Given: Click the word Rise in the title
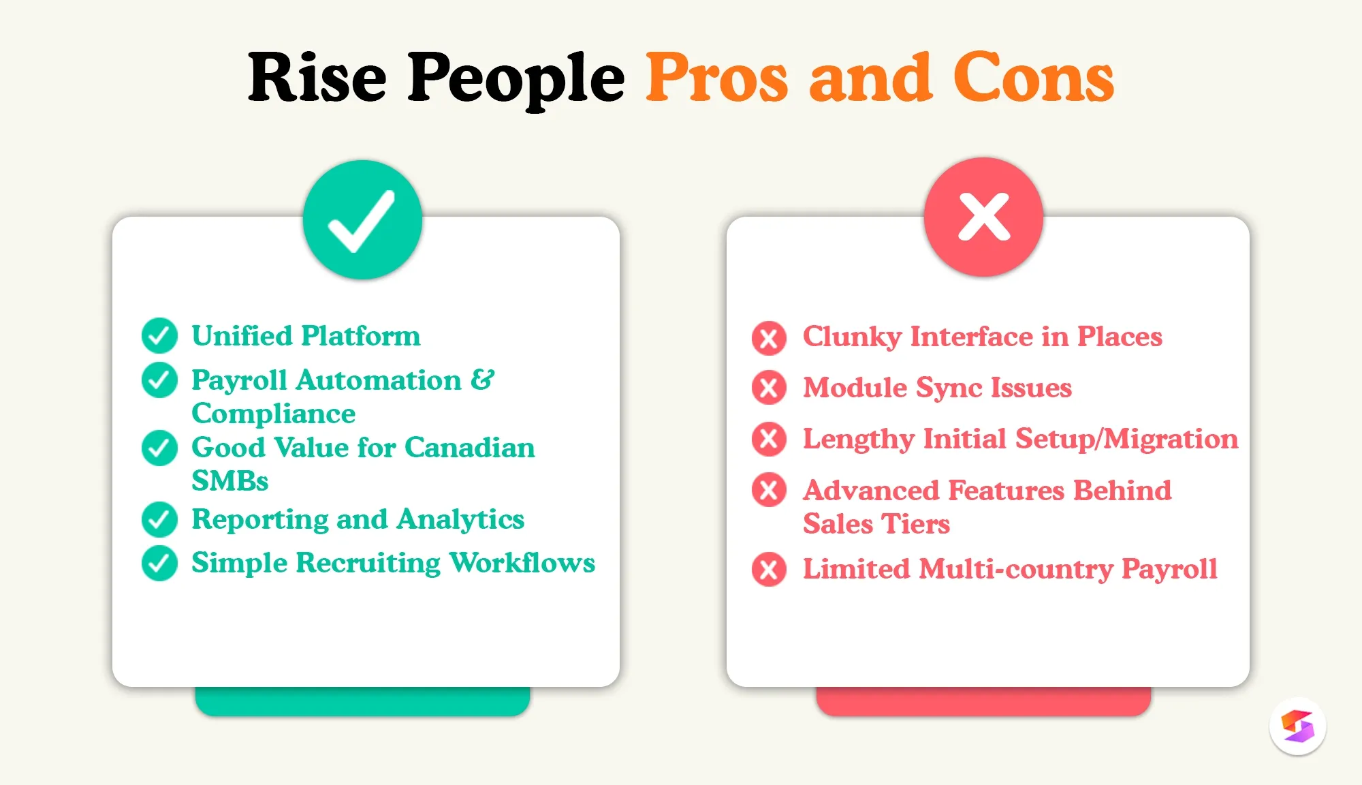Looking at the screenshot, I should pyautogui.click(x=317, y=78).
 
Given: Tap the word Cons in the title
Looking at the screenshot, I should pyautogui.click(x=1033, y=78).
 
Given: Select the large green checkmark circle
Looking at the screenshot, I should pyautogui.click(x=362, y=220).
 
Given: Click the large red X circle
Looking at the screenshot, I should pyautogui.click(x=983, y=217).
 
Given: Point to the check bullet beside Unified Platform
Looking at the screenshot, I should pyautogui.click(x=159, y=335).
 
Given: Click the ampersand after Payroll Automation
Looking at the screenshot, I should pyautogui.click(x=482, y=380).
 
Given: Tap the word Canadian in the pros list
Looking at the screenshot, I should pyautogui.click(x=469, y=448).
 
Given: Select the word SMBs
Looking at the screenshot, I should pyautogui.click(x=230, y=481).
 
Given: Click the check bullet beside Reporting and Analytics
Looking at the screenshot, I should pyautogui.click(x=159, y=519).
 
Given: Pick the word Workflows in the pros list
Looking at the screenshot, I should pyautogui.click(x=522, y=563).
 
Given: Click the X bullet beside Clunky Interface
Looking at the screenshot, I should pyautogui.click(x=769, y=338).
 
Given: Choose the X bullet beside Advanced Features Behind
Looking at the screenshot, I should pyautogui.click(x=769, y=490).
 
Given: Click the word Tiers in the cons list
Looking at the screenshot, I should pyautogui.click(x=916, y=524).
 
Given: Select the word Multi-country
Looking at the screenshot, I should pyautogui.click(x=1015, y=569).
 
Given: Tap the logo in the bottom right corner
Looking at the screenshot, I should pyautogui.click(x=1297, y=726).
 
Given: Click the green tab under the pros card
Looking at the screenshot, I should pyautogui.click(x=362, y=702).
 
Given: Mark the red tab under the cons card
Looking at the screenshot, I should pyautogui.click(x=983, y=702).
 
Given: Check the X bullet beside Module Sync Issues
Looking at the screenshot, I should pyautogui.click(x=769, y=388).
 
